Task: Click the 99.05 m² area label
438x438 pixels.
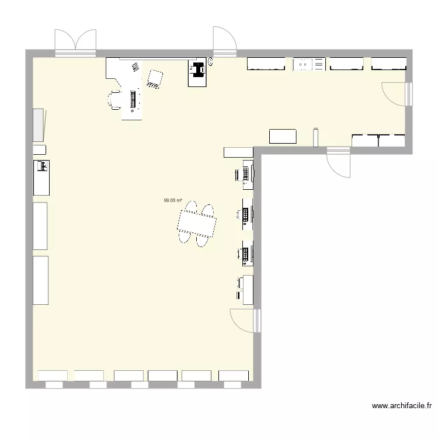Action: (172, 200)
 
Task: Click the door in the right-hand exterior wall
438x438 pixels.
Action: (397, 93)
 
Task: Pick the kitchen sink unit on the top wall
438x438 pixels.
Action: (308, 64)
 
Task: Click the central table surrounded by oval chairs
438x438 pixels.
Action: (197, 224)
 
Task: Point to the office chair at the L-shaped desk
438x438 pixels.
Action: (114, 100)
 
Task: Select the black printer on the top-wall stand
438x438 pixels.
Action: (197, 69)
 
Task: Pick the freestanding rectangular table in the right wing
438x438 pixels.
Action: (283, 136)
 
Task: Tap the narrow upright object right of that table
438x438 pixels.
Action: (316, 137)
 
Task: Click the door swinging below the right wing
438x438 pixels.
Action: (339, 162)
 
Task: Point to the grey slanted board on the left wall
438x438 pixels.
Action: (39, 124)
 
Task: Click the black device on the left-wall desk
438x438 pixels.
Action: (43, 166)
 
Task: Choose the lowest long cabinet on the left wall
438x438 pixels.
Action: (40, 280)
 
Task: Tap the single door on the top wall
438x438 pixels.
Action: (224, 42)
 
